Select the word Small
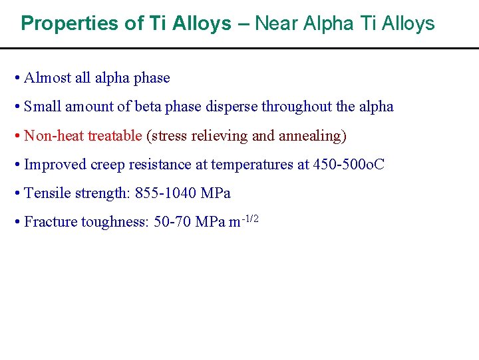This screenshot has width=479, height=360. tap(42, 107)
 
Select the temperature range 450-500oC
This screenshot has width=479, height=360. tap(349, 165)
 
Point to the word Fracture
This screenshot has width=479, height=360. tap(50, 222)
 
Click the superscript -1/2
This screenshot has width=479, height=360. tap(250, 217)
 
